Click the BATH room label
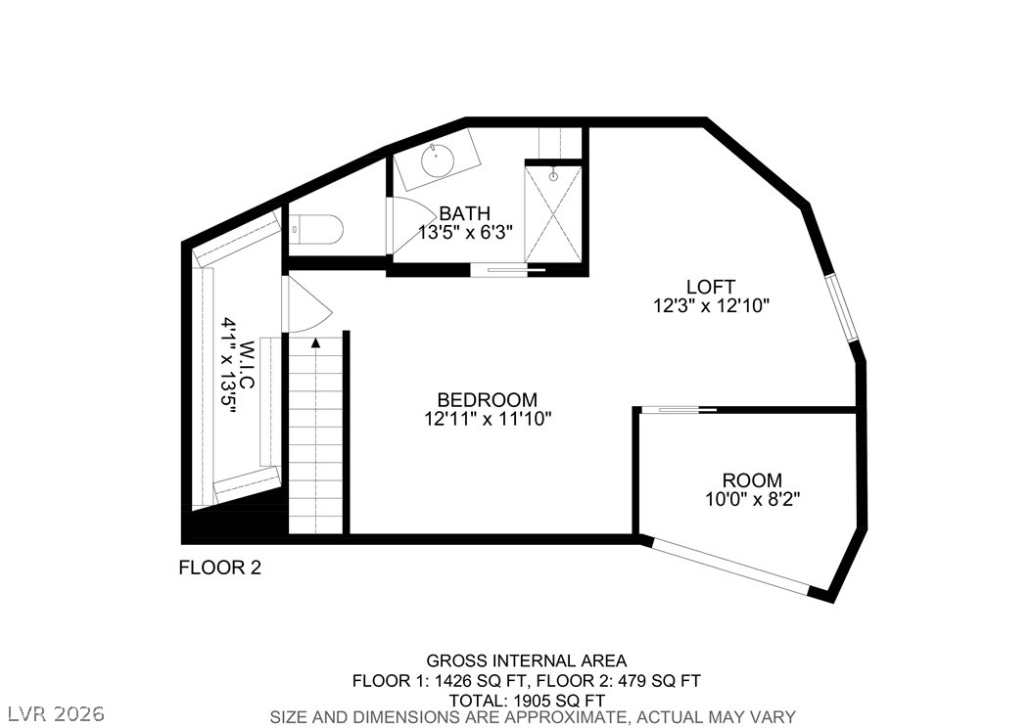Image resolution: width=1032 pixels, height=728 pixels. tap(465, 213)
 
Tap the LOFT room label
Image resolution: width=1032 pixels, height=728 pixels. tap(711, 287)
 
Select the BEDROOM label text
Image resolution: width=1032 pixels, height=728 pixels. tap(488, 400)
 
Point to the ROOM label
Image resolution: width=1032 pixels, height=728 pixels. tap(752, 480)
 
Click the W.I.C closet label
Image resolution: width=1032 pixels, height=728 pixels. tap(248, 363)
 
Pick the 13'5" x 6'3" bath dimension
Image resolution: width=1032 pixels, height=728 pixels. tap(465, 232)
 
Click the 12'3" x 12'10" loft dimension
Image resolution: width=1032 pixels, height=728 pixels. tap(712, 306)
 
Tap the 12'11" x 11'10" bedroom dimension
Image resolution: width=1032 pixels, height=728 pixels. tap(488, 419)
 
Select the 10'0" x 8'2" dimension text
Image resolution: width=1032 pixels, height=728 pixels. tap(753, 499)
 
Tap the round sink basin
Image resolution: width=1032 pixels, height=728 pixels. tap(438, 160)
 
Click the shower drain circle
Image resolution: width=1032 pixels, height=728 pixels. tap(553, 176)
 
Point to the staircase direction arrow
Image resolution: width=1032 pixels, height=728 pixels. tap(316, 341)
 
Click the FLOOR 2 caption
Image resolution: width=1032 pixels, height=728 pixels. tap(220, 568)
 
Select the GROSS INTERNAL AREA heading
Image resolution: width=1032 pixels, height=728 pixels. tap(527, 660)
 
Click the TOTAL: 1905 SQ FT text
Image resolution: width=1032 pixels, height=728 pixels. tap(527, 701)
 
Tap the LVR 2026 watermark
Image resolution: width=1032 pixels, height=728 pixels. tap(57, 713)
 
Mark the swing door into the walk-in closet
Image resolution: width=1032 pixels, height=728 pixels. tap(305, 304)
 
